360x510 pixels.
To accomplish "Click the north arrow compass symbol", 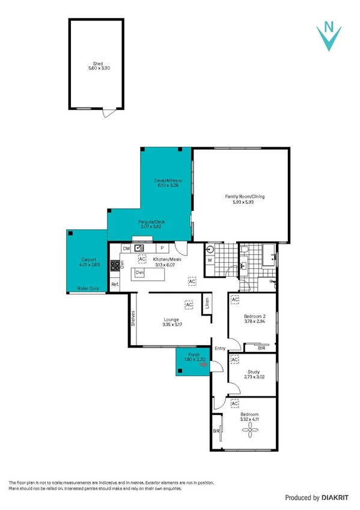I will tap(329, 34).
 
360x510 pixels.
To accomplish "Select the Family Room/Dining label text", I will tap(245, 197).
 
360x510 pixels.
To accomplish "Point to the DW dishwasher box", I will tap(126, 248).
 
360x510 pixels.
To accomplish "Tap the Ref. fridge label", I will tap(114, 284).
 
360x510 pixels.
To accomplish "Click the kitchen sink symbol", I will tap(140, 248).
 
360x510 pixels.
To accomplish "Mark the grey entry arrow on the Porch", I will tap(203, 364).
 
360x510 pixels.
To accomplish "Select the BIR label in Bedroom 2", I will tap(261, 348).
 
